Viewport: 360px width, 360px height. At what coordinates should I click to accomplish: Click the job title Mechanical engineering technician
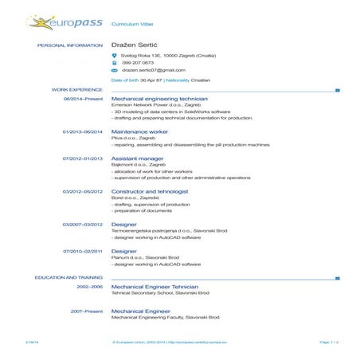(x=159, y=98)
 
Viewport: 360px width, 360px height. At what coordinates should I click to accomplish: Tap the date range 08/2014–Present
(x=83, y=98)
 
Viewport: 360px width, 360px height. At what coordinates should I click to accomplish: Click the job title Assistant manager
(x=137, y=158)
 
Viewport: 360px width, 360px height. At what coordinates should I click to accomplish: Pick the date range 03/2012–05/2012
(x=83, y=191)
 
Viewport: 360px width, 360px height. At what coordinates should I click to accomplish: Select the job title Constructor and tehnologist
(x=150, y=191)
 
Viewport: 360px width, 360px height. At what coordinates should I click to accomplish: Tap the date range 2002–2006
(x=89, y=286)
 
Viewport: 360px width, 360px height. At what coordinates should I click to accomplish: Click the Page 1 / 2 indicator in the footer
(x=329, y=342)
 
